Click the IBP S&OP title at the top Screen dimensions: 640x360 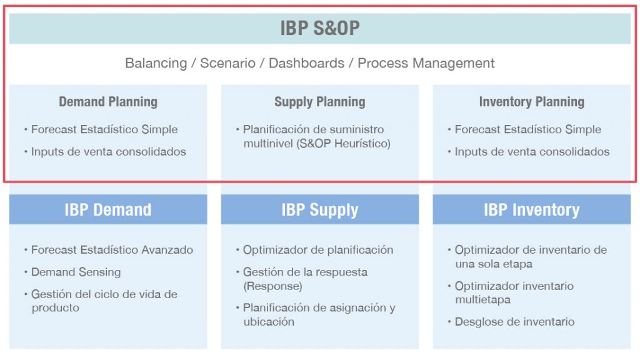pyautogui.click(x=319, y=28)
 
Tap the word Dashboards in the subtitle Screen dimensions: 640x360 pyautogui.click(x=306, y=63)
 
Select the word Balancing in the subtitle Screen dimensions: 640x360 pyautogui.click(x=156, y=63)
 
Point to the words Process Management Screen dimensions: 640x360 pyautogui.click(x=426, y=63)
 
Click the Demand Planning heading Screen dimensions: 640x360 pyautogui.click(x=108, y=102)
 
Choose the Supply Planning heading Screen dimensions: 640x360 pyautogui.click(x=319, y=102)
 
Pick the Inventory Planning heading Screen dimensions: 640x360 pyautogui.click(x=531, y=102)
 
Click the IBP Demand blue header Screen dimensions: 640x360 pyautogui.click(x=108, y=210)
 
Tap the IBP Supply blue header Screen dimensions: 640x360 pyautogui.click(x=319, y=210)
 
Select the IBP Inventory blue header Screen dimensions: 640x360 pyautogui.click(x=531, y=210)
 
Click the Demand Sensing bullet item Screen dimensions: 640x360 pyautogui.click(x=76, y=272)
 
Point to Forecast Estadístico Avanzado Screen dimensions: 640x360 pyautogui.click(x=112, y=250)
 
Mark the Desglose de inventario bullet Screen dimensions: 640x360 pyautogui.click(x=515, y=322)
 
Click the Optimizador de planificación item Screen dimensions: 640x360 pyautogui.click(x=318, y=250)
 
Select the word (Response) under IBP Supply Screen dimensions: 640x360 pyautogui.click(x=272, y=286)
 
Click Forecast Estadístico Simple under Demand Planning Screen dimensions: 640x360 pyautogui.click(x=104, y=129)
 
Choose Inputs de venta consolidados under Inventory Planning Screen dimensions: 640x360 pyautogui.click(x=532, y=151)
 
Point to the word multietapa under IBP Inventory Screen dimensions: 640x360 pyautogui.click(x=483, y=299)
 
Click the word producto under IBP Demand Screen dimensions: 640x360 pyautogui.click(x=56, y=307)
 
